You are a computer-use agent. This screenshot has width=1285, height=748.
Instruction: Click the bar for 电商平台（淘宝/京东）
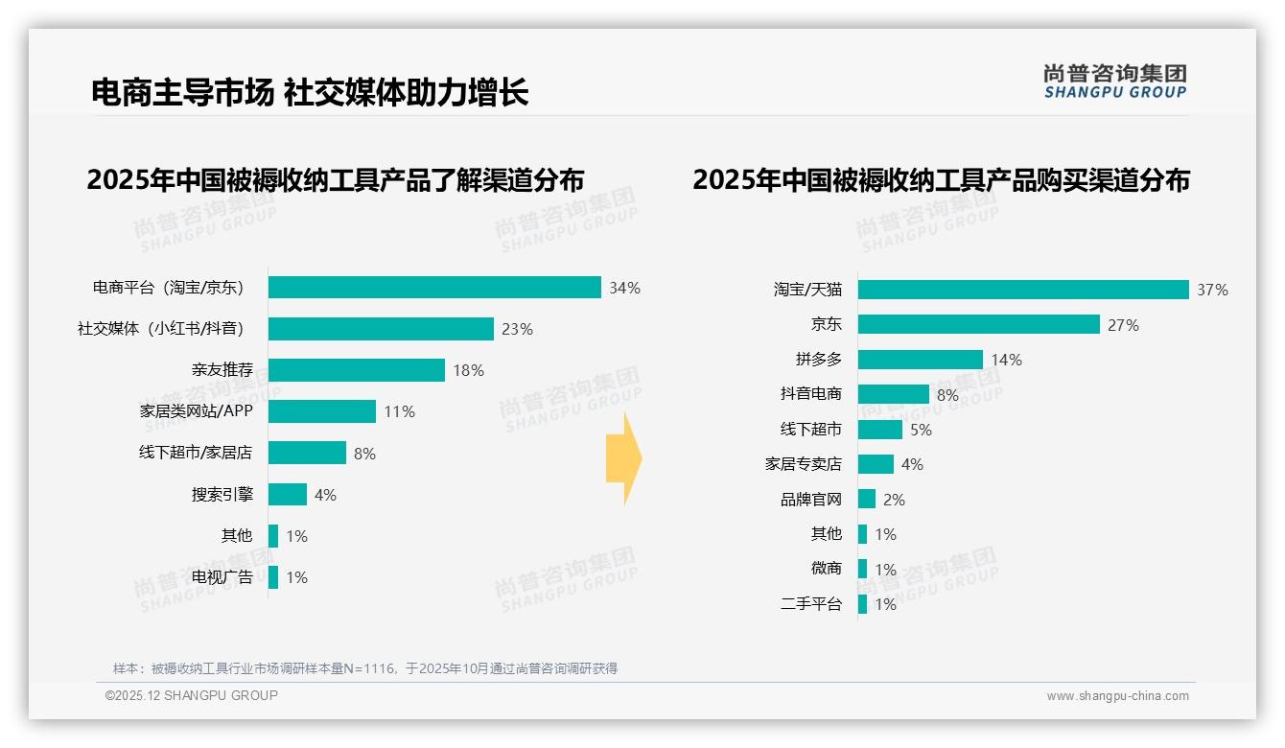click(x=434, y=288)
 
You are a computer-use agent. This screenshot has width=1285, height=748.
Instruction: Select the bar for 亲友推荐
click(x=357, y=370)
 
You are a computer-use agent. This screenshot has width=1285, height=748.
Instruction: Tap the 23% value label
click(x=517, y=329)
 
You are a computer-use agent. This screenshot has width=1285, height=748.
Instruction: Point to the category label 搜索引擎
click(x=222, y=495)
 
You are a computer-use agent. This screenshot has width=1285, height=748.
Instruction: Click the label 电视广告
click(x=222, y=577)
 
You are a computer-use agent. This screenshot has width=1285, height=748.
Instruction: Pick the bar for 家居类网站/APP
click(x=322, y=411)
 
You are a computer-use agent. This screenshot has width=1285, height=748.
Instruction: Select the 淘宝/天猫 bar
click(x=1023, y=290)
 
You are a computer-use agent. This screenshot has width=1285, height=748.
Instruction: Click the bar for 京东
click(x=978, y=324)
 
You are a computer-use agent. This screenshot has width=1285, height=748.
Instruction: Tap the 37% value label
click(x=1212, y=290)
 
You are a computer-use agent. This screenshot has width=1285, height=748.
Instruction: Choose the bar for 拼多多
click(x=921, y=360)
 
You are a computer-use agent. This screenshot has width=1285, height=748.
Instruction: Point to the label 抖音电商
click(x=811, y=394)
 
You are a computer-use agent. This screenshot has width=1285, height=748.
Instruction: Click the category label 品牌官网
click(x=811, y=499)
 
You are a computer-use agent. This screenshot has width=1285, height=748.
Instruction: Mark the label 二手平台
click(x=811, y=604)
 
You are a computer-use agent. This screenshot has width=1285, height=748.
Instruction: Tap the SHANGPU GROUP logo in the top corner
click(x=1115, y=82)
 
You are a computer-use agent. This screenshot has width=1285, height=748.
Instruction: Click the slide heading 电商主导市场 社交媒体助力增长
click(x=310, y=93)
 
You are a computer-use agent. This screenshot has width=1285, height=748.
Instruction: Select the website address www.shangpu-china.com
click(x=1117, y=696)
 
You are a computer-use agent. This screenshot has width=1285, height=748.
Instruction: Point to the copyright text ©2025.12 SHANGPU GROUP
click(x=192, y=695)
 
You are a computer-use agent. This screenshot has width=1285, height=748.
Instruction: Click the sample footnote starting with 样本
click(x=365, y=668)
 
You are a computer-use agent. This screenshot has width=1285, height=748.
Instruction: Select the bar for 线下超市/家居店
click(x=307, y=453)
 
